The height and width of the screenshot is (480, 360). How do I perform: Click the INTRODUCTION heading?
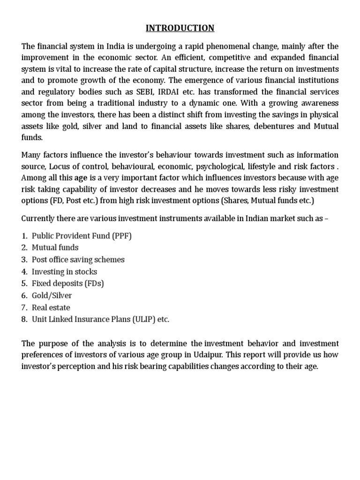point(180,28)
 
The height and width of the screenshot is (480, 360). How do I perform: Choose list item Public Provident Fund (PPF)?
point(82,236)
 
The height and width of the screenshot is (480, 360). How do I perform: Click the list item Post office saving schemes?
point(78,259)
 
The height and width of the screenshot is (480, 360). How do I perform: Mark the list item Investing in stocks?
point(64,271)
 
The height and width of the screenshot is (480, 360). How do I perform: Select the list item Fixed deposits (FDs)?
point(68,284)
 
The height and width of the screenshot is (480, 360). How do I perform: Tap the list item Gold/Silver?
point(52,296)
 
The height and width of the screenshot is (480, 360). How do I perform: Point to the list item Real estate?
point(51,307)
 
